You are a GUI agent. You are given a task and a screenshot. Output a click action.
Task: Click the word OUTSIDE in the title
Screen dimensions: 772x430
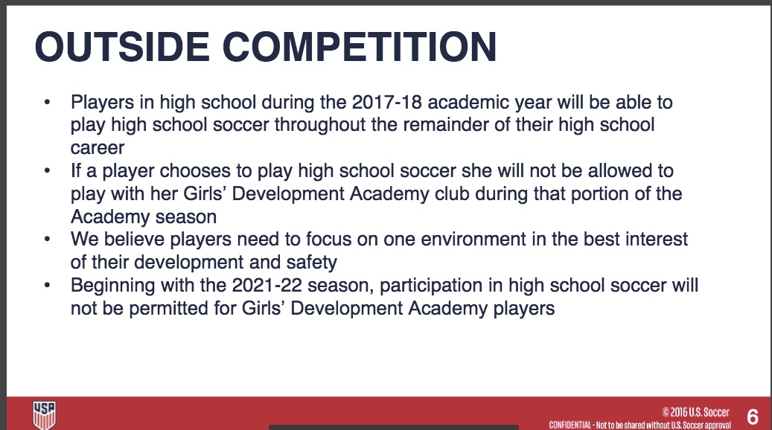tap(123, 47)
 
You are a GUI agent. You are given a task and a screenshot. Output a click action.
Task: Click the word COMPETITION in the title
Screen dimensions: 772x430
tap(360, 47)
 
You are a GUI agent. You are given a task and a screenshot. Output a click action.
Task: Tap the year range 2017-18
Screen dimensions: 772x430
tap(387, 102)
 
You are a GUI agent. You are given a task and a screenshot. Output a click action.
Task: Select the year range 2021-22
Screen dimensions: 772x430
tap(267, 285)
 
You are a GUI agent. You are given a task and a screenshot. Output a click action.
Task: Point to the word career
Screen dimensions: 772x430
tap(98, 148)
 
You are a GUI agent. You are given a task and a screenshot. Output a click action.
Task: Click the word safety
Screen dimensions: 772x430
tap(312, 262)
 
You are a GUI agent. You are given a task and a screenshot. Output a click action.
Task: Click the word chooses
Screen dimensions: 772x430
tap(195, 171)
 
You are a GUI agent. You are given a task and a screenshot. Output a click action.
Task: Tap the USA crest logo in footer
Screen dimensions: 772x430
tap(45, 415)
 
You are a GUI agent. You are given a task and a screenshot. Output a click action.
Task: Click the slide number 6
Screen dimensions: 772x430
tap(753, 417)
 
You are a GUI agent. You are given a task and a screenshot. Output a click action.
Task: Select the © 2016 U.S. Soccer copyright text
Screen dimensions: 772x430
tap(695, 412)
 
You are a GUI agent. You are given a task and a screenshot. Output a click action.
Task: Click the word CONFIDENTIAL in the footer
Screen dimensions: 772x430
tap(570, 425)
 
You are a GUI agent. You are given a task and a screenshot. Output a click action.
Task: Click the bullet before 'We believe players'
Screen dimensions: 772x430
tap(47, 239)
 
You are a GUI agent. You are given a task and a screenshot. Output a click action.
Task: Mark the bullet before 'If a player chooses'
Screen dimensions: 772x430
tap(47, 170)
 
